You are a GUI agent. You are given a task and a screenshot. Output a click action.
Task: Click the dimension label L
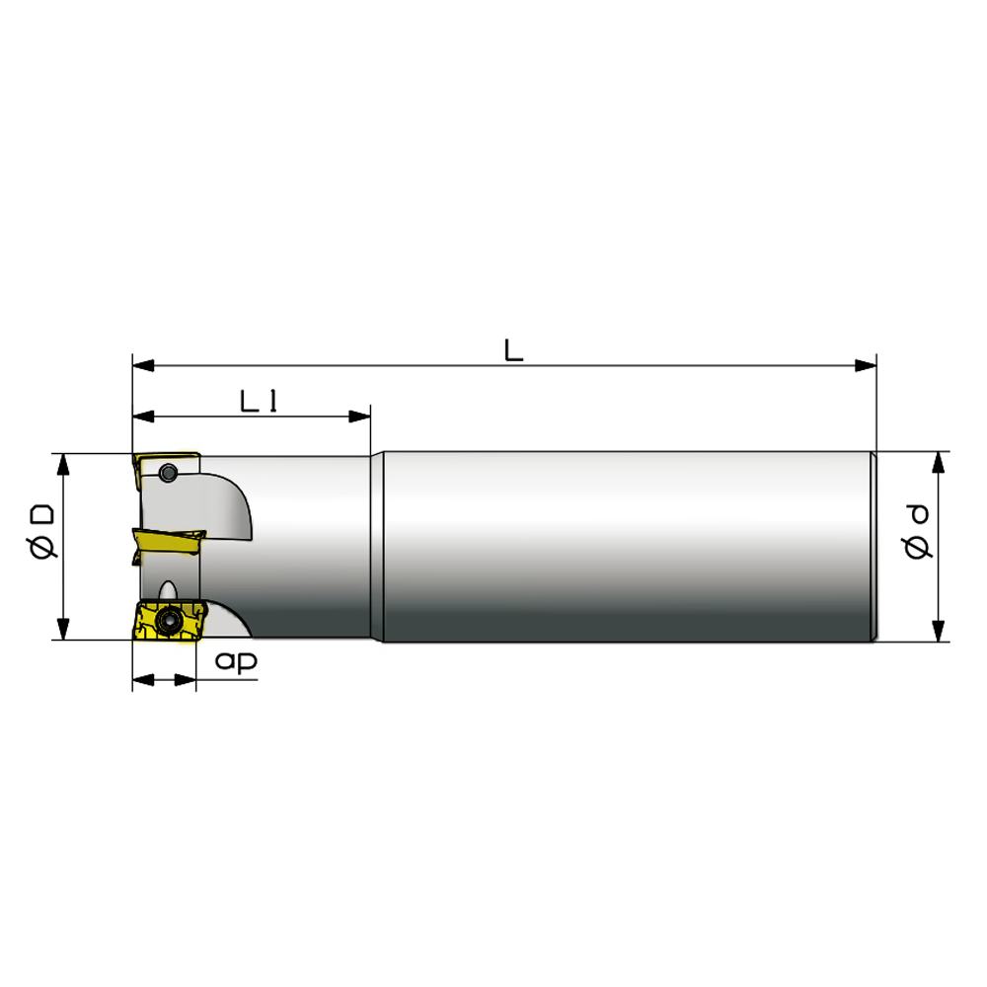[x=513, y=350]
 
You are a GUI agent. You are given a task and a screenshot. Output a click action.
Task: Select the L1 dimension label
[x=259, y=401]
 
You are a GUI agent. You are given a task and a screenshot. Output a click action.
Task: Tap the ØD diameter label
[x=42, y=532]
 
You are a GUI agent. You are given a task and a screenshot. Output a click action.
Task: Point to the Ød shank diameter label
[x=917, y=532]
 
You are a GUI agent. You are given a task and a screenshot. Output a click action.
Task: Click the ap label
[x=236, y=661]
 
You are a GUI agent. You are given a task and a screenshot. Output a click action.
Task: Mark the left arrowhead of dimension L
[x=143, y=365]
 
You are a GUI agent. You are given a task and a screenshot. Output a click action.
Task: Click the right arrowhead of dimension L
[x=866, y=365]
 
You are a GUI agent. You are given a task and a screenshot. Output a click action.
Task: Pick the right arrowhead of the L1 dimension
[x=359, y=417]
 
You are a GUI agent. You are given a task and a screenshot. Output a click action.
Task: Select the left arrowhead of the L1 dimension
[x=143, y=417]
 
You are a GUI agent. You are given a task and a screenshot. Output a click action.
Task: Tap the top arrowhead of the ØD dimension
[x=63, y=465]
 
